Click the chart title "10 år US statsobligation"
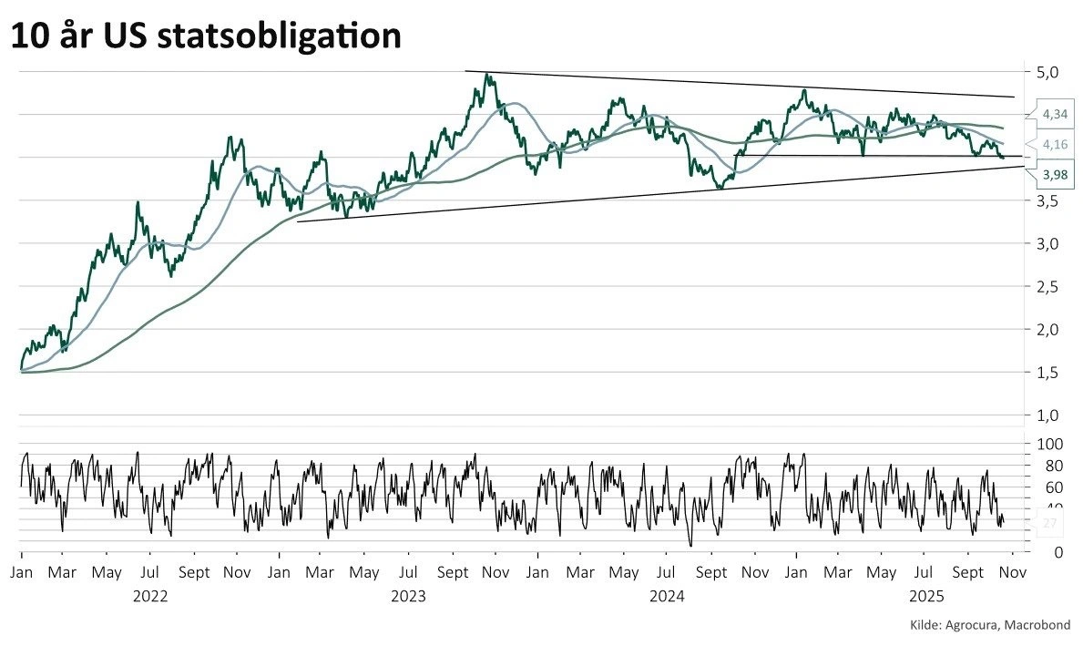tap(206, 36)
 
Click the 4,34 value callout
tap(1055, 114)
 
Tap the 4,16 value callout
tap(1055, 144)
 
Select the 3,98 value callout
tap(1055, 176)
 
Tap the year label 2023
tap(408, 597)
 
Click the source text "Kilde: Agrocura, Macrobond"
tap(990, 624)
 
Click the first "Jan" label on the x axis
tap(21, 574)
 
